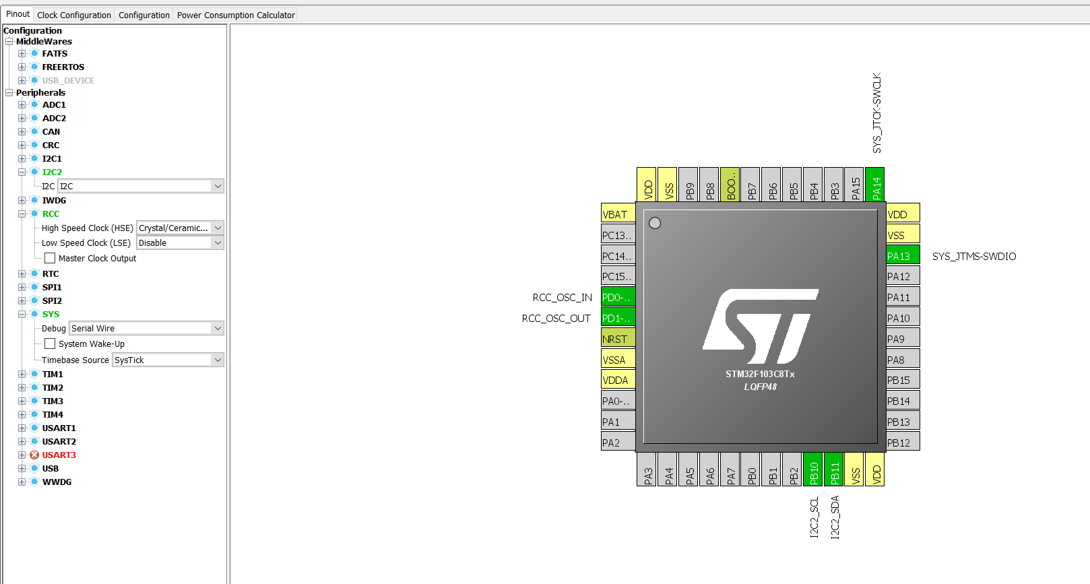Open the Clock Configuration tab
[74, 15]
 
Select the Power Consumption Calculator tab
[236, 15]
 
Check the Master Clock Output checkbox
[50, 258]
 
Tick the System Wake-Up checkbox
[50, 344]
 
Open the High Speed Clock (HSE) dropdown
[180, 228]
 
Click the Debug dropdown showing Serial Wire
[146, 329]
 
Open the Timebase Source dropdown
[168, 360]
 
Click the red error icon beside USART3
[34, 455]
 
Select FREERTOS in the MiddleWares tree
[63, 67]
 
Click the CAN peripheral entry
[51, 132]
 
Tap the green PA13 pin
[902, 256]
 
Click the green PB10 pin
[813, 469]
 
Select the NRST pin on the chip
[618, 339]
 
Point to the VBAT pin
[618, 214]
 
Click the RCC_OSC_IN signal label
[562, 298]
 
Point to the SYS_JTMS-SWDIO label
[973, 257]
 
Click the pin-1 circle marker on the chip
[655, 223]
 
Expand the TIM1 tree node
[22, 375]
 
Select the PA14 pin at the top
[875, 185]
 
